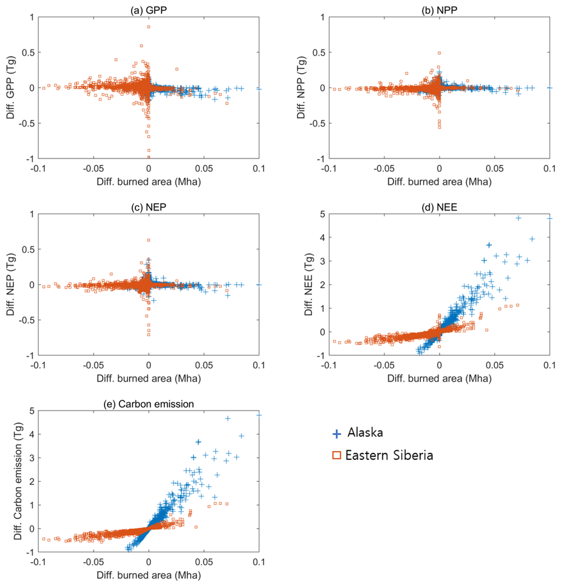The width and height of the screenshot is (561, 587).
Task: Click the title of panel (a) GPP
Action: [149, 10]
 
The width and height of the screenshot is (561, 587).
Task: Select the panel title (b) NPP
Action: [439, 10]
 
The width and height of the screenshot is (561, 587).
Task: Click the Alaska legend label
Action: [365, 433]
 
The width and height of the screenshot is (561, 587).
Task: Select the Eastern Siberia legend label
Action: [389, 455]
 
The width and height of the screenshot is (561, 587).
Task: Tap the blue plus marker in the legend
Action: [336, 434]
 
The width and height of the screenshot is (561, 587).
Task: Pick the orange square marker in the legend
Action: [336, 456]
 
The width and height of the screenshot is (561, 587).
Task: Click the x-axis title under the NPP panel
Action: [439, 182]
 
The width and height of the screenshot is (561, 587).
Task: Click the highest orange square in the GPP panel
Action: [148, 27]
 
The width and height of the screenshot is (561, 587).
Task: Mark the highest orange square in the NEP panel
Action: [148, 240]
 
